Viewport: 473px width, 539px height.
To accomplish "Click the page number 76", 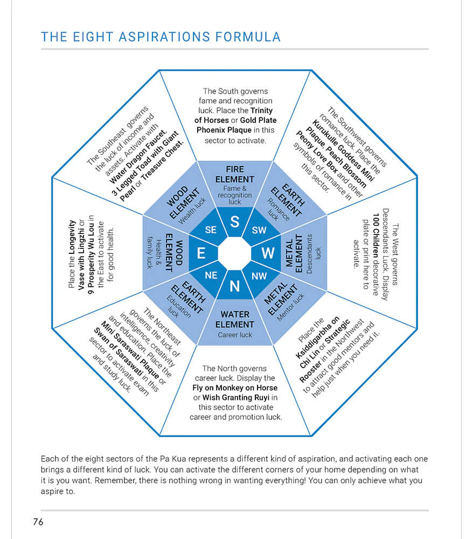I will [x=38, y=522].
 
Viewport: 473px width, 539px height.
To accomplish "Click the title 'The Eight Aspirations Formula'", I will [x=161, y=37].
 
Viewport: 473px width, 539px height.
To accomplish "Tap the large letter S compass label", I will [x=235, y=221].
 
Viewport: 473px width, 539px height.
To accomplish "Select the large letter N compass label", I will [x=235, y=286].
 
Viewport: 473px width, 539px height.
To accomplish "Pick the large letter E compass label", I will [x=201, y=253].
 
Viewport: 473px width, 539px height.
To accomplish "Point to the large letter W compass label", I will [x=268, y=253].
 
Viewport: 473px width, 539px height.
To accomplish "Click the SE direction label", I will [x=211, y=230].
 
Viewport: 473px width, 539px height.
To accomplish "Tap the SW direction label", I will [x=259, y=230].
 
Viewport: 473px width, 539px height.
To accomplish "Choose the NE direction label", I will [x=211, y=275].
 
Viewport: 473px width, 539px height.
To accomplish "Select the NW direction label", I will [x=259, y=275].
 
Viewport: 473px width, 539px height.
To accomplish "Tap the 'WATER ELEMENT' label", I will [x=235, y=319].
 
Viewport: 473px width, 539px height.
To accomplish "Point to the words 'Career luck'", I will [x=235, y=335].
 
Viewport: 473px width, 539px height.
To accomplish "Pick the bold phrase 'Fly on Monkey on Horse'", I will [x=235, y=388].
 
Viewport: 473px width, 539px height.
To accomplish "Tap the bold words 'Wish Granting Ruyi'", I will [x=239, y=397].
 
